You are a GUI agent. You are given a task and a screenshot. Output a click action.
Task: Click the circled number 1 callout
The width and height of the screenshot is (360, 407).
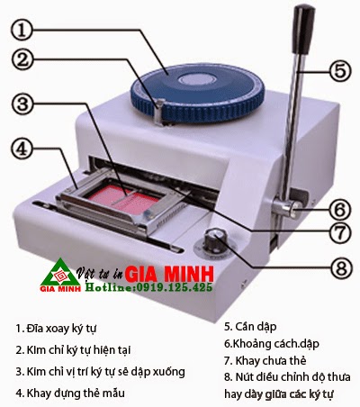(22, 30)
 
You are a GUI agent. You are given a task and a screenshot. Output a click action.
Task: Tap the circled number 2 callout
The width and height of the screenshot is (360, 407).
(23, 59)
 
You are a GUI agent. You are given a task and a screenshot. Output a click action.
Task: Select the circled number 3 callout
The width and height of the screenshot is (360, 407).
(22, 104)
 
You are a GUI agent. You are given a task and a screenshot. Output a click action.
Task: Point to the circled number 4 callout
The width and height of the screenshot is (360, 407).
(22, 149)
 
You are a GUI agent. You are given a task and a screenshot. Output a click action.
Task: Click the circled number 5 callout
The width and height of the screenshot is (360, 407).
(339, 71)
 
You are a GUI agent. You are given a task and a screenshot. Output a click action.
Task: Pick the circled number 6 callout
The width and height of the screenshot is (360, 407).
(339, 209)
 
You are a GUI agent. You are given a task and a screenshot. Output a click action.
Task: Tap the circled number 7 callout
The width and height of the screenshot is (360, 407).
(339, 231)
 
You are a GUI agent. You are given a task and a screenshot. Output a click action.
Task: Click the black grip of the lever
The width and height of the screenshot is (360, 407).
(303, 30)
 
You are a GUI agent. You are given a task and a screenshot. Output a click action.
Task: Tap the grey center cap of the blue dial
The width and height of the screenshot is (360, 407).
(196, 80)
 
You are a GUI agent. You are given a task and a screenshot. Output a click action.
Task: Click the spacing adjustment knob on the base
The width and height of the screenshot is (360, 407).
(214, 239)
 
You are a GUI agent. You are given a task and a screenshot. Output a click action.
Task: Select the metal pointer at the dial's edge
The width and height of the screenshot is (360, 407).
(160, 111)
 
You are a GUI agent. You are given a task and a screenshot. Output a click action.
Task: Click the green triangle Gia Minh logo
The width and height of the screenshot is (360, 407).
(61, 275)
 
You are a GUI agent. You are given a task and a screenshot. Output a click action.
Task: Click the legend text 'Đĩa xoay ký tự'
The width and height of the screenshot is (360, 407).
(56, 328)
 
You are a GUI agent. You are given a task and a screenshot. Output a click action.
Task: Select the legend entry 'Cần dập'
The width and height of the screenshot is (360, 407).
(250, 327)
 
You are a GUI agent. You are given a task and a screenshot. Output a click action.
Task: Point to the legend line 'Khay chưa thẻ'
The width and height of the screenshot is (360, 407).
(265, 360)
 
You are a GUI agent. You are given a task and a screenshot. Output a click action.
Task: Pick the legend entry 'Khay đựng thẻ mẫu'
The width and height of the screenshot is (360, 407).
(70, 393)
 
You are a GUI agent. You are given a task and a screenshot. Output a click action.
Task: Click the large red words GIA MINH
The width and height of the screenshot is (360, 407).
(169, 274)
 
